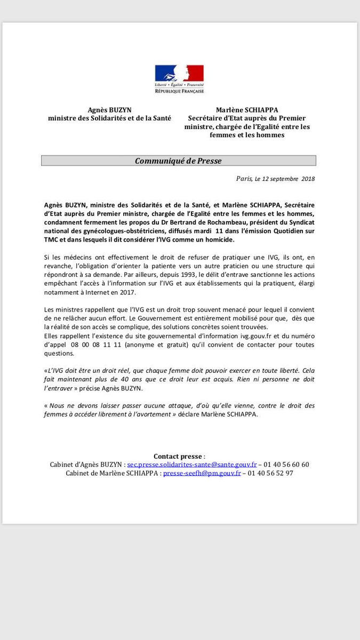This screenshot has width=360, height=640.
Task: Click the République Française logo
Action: pyautogui.click(x=179, y=79)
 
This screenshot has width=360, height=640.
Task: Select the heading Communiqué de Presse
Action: pyautogui.click(x=178, y=161)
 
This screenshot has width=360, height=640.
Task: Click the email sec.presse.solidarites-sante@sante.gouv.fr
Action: pyautogui.click(x=192, y=465)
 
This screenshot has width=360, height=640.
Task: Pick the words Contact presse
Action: pyautogui.click(x=178, y=456)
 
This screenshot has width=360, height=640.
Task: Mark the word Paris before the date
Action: pyautogui.click(x=244, y=179)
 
